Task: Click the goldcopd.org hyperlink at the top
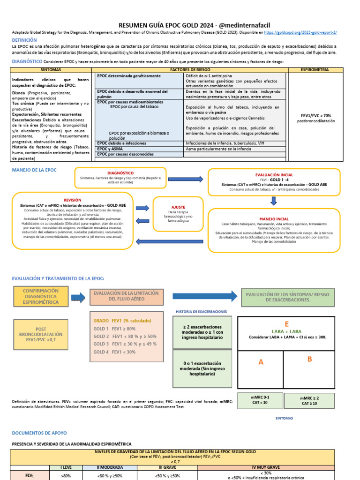pyautogui.click(x=300, y=32)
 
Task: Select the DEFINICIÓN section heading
pyautogui.click(x=27, y=40)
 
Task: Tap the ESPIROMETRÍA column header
pyautogui.click(x=317, y=70)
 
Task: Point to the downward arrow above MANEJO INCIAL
pyautogui.click(x=274, y=201)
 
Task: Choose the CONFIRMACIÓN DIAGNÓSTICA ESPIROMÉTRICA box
pyautogui.click(x=41, y=296)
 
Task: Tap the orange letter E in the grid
pyautogui.click(x=286, y=324)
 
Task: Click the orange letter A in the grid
pyautogui.click(x=261, y=362)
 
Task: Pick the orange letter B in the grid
pyautogui.click(x=309, y=360)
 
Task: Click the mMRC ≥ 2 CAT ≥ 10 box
pyautogui.click(x=310, y=400)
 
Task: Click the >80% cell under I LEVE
pyautogui.click(x=66, y=475)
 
